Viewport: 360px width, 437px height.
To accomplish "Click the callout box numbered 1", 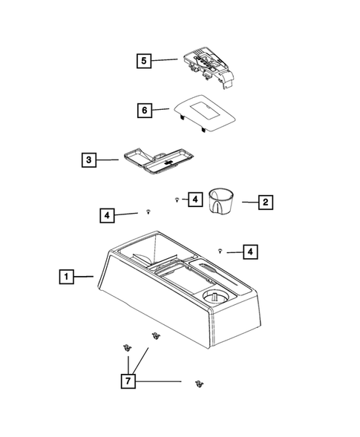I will tap(66, 277).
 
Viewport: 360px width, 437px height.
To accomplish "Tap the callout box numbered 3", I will tap(90, 160).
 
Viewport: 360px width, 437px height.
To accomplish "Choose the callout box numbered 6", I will tap(144, 111).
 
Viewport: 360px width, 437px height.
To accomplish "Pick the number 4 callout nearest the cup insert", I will tap(193, 200).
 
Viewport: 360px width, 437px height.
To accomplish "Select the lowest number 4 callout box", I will tap(252, 253).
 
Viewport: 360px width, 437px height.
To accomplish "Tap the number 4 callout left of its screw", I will tap(109, 215).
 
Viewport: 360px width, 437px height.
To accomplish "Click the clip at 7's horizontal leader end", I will tap(198, 383).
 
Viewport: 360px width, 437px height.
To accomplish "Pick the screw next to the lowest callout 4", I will tap(221, 252).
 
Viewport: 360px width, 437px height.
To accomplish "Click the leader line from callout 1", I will tap(84, 277).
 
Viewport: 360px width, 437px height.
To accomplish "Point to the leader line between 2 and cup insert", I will tap(248, 201).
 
